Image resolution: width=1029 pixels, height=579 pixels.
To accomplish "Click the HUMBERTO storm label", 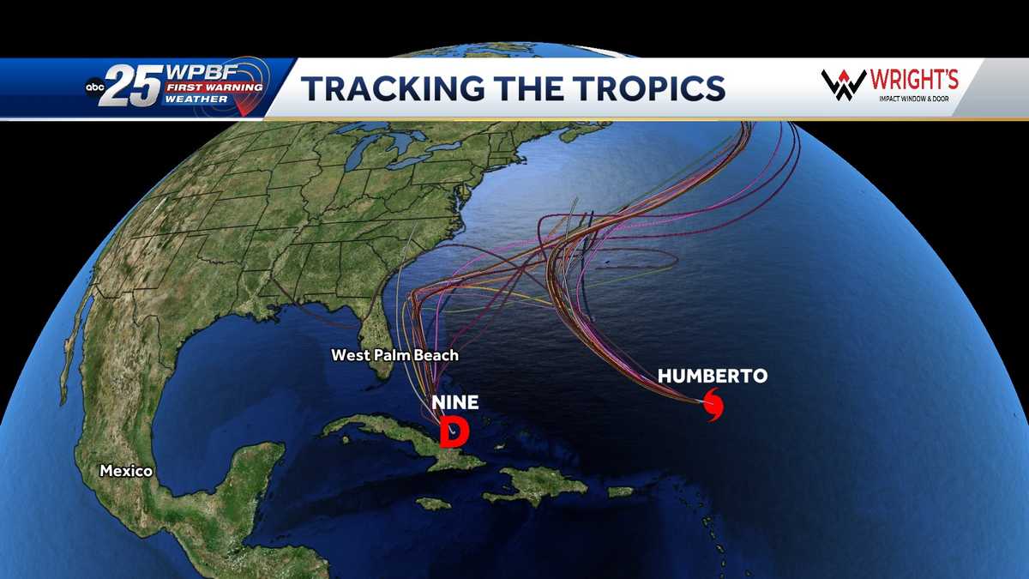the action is click(712, 376).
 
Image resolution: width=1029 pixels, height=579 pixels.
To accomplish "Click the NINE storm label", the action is click(454, 401).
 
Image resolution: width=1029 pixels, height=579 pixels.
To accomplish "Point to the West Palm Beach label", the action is click(394, 354).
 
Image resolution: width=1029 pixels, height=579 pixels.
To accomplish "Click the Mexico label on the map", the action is click(126, 471).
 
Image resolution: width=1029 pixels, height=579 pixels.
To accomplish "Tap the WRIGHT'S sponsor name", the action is click(914, 81).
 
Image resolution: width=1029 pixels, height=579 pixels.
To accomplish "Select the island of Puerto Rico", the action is click(620, 492).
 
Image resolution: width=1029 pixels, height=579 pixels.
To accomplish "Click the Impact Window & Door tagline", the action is click(914, 99).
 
